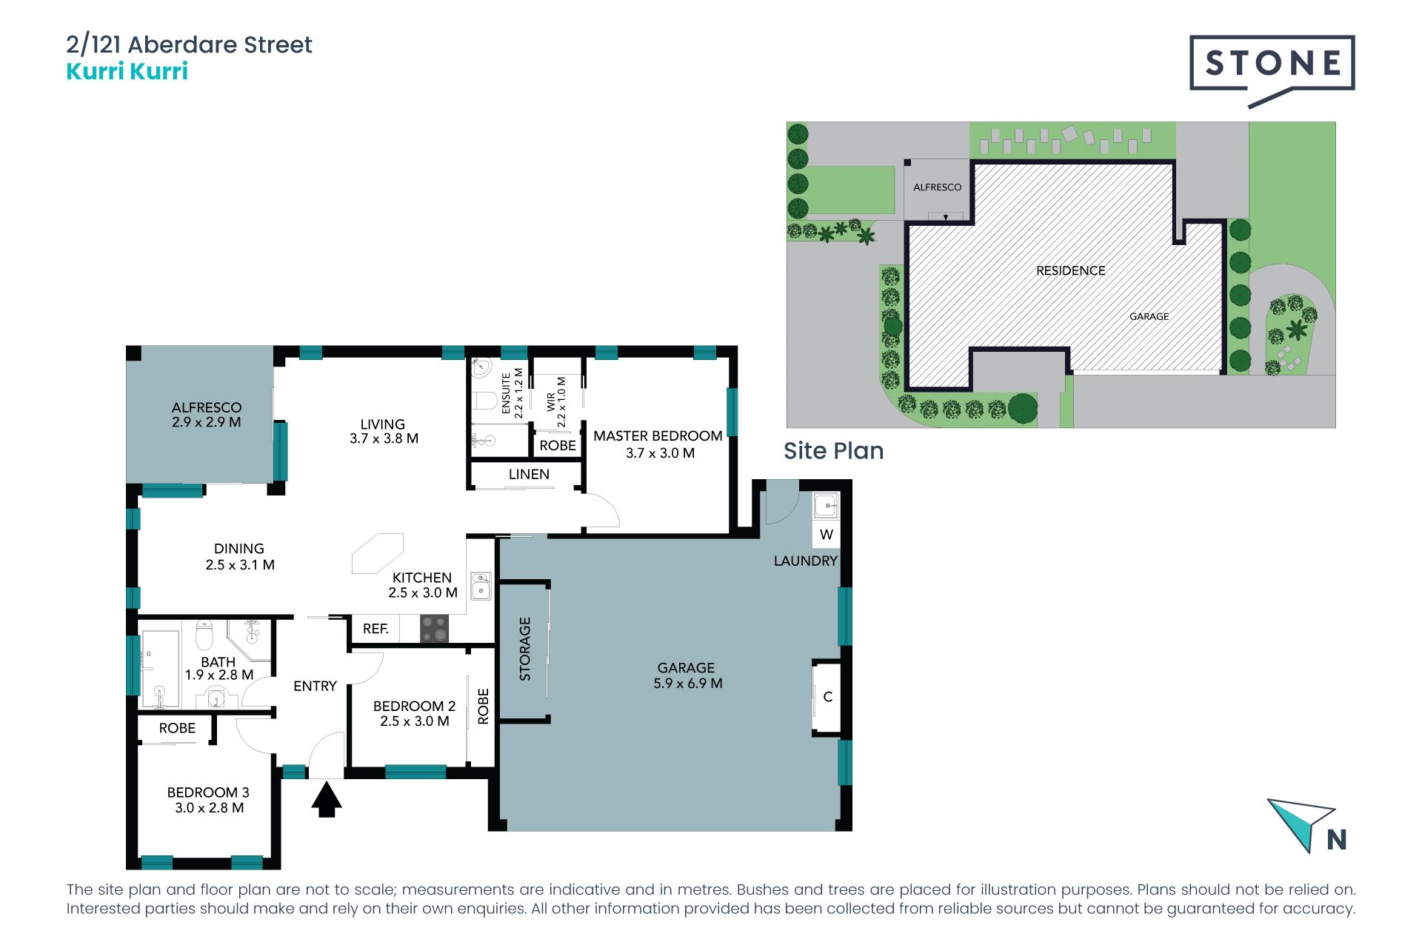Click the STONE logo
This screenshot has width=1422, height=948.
point(1272,70)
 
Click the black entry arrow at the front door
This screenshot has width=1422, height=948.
point(326,800)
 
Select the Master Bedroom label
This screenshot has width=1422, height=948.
point(658,444)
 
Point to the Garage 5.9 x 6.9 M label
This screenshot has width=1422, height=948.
point(687,675)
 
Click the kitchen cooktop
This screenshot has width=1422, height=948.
point(434,629)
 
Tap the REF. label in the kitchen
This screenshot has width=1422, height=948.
point(375,629)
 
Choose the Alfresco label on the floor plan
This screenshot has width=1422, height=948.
point(207,415)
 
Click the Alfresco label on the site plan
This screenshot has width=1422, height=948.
point(937,187)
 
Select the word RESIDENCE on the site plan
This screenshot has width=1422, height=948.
point(1070,271)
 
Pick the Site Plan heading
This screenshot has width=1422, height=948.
point(833,451)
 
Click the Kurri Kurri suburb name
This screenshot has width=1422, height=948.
point(127,71)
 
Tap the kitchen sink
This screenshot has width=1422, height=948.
point(481,585)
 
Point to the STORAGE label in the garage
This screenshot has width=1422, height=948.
point(525,649)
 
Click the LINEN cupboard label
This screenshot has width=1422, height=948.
point(529,474)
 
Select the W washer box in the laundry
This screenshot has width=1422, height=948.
point(827,534)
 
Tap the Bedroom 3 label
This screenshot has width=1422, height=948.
point(208,800)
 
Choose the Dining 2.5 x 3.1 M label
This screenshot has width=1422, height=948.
point(239,557)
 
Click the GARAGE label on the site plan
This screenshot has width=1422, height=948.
point(1149,316)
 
